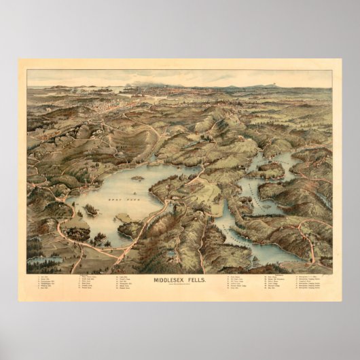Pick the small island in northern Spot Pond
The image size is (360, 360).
coord(137,178)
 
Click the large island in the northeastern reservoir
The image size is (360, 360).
coord(269,169)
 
